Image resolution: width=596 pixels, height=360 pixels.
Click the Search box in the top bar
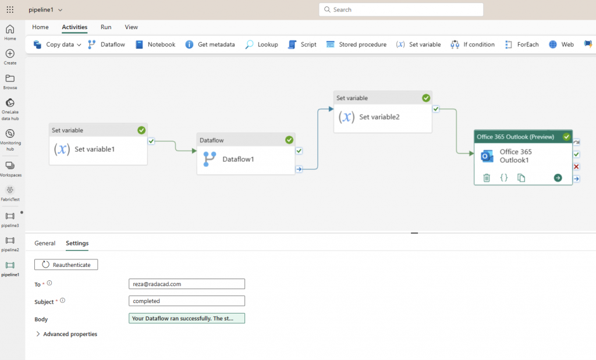(x=401, y=10)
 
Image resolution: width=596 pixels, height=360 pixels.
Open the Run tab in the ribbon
(x=106, y=27)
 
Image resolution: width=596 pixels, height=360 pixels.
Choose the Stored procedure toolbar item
(x=356, y=44)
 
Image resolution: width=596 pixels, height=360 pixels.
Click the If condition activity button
(x=473, y=44)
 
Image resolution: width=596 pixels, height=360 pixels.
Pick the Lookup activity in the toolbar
(x=261, y=44)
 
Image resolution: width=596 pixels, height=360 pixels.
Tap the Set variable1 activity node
(x=94, y=149)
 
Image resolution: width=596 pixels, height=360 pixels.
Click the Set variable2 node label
(x=379, y=117)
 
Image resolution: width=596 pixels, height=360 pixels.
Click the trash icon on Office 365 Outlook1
(x=487, y=177)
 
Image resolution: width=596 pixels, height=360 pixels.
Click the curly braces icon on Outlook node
(x=504, y=177)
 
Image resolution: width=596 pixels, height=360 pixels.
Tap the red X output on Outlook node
(x=576, y=167)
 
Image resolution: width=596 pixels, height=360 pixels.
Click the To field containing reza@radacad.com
(x=186, y=284)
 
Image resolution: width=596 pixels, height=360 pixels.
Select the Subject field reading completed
(x=186, y=301)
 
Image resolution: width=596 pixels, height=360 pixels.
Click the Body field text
(x=186, y=318)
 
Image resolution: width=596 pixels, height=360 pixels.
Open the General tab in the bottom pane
(x=45, y=243)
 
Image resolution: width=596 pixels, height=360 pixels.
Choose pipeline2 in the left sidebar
(x=10, y=244)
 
